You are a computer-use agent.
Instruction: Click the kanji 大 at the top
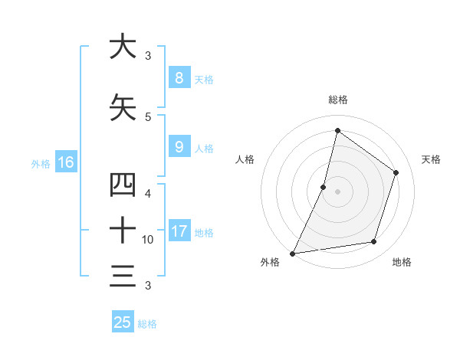(x=123, y=47)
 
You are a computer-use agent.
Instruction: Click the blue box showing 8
(x=179, y=78)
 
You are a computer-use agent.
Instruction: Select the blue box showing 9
(x=179, y=147)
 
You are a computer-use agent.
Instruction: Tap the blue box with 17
(x=179, y=231)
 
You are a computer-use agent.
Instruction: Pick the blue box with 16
(x=66, y=162)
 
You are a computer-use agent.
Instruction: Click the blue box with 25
(x=123, y=322)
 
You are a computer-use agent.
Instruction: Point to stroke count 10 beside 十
(x=148, y=240)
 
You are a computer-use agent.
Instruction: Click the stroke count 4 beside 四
(x=149, y=193)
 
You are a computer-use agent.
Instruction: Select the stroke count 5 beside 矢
(x=149, y=116)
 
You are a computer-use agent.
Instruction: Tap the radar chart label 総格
(x=337, y=100)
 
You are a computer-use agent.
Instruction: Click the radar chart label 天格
(x=431, y=159)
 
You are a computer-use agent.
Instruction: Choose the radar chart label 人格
(x=245, y=159)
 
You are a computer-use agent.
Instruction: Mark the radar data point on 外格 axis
(x=292, y=253)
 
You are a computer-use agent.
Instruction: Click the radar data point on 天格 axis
(x=396, y=172)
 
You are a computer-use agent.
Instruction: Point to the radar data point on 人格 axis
(x=324, y=187)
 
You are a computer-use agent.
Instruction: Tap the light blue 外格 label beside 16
(x=40, y=163)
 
